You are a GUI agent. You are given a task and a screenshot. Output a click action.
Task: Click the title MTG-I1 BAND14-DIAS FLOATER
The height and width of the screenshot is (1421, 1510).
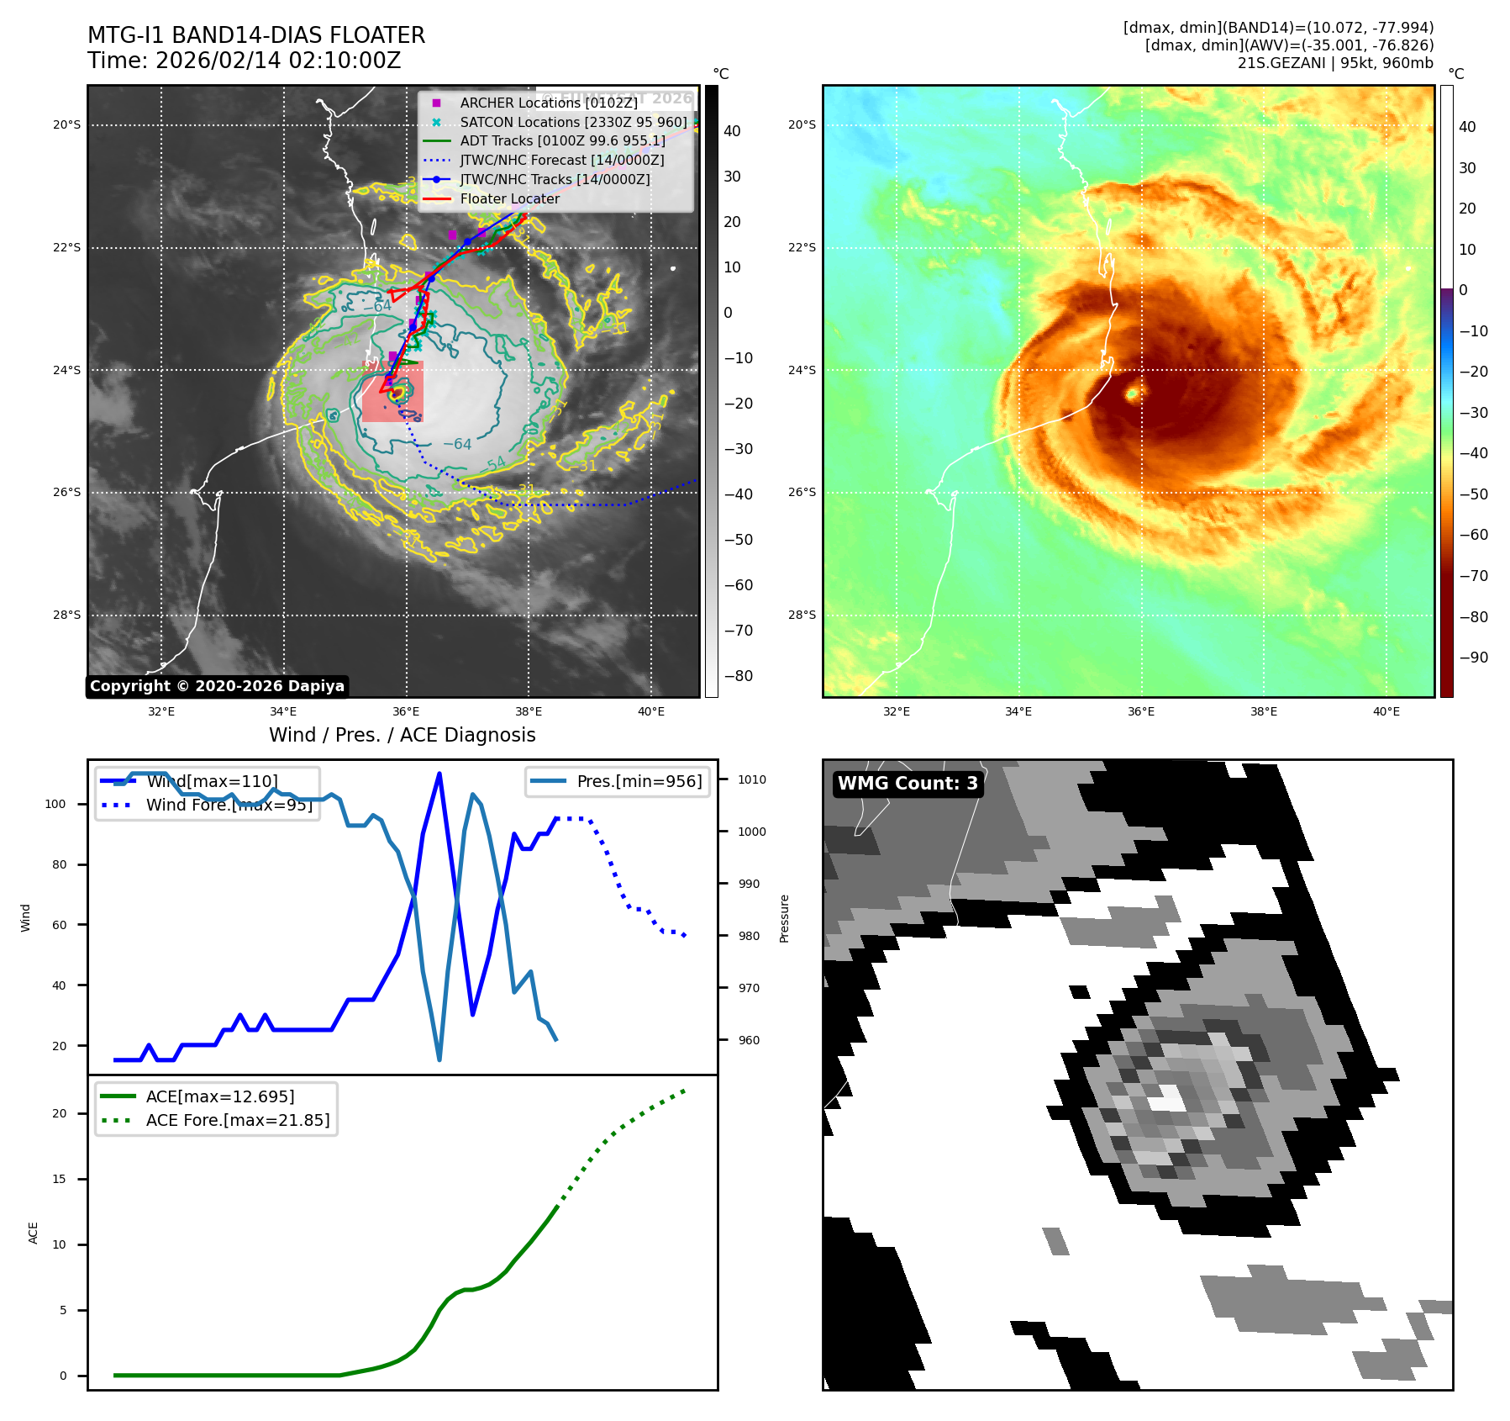(x=256, y=35)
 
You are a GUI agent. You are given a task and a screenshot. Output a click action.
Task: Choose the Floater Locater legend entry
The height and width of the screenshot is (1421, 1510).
(x=509, y=198)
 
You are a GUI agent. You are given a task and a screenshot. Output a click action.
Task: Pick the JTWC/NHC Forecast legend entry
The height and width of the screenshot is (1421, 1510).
(x=561, y=160)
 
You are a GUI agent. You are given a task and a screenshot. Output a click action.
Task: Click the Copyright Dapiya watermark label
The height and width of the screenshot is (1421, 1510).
(x=217, y=686)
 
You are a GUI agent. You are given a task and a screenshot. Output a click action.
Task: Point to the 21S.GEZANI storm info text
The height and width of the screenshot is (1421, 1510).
(x=1335, y=63)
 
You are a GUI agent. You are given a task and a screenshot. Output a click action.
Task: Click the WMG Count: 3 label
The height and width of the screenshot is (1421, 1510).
(x=908, y=784)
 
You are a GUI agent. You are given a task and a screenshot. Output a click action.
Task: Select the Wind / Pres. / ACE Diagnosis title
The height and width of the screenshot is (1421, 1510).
(x=402, y=735)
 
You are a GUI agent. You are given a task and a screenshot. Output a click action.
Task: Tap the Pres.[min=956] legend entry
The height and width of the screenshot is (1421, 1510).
(x=639, y=781)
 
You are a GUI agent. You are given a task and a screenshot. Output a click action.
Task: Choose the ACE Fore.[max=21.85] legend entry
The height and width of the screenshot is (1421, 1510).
(x=238, y=1120)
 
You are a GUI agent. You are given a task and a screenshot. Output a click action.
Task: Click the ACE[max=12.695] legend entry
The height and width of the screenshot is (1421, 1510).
(x=220, y=1096)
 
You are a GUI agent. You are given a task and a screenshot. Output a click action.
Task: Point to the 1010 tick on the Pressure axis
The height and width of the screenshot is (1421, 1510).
(x=752, y=779)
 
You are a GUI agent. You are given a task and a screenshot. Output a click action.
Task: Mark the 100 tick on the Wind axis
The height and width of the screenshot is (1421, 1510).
(x=55, y=804)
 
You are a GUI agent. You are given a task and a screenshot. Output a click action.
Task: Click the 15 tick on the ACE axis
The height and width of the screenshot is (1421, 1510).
(x=59, y=1179)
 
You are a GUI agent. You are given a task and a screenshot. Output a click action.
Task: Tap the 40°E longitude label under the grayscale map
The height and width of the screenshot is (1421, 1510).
(x=650, y=711)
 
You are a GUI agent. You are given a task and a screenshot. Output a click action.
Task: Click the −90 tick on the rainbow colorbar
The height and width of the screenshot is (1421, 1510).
(x=1473, y=658)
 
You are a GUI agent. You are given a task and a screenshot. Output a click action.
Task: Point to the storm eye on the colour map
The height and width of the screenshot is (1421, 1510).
(x=1132, y=393)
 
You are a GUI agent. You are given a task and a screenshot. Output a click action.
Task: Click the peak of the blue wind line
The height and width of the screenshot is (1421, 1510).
(x=439, y=774)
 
